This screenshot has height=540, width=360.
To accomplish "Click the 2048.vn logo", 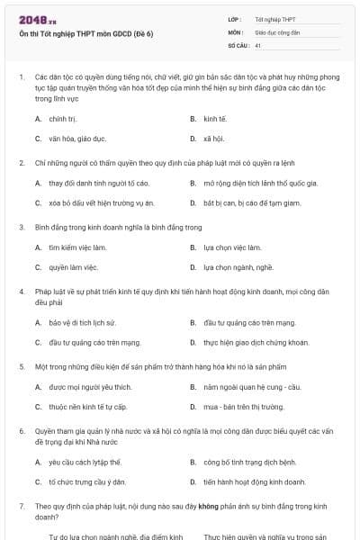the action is click(x=35, y=19).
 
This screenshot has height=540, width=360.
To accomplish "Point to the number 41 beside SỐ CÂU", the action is click(x=258, y=44).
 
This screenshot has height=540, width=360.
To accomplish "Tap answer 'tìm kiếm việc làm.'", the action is click(x=72, y=247).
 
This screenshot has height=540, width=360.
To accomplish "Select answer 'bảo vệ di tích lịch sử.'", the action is click(x=82, y=322).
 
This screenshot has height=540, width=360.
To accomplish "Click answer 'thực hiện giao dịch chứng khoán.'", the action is click(x=244, y=342).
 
